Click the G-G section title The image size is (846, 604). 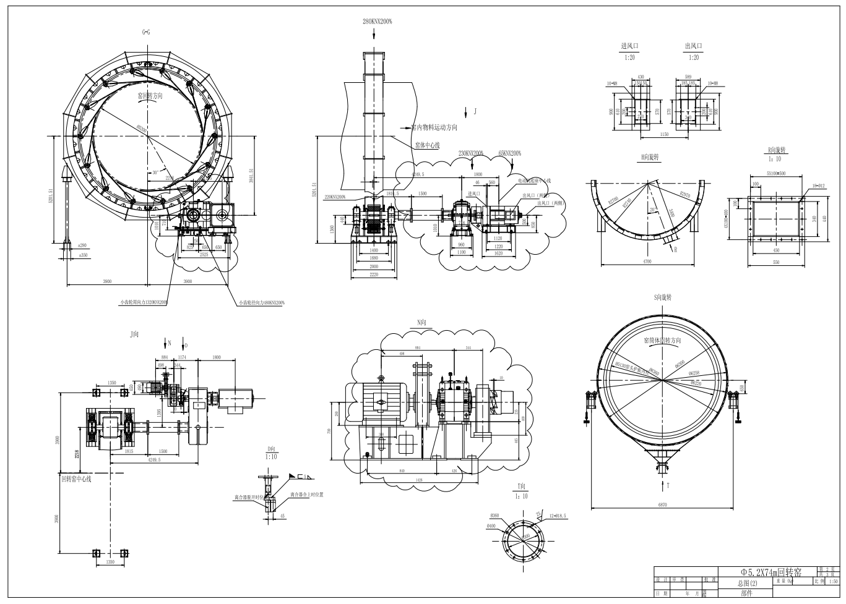coord(146,32)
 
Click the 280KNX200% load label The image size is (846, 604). coord(377,21)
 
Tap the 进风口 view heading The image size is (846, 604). coord(629,46)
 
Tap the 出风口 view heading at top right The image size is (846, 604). coord(694,46)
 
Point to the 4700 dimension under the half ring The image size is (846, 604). coord(647,262)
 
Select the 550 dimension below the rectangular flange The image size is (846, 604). coord(776,262)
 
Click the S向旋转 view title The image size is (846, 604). coord(662,298)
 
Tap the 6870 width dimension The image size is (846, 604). coord(663,505)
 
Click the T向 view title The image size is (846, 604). coord(522,487)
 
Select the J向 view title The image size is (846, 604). coord(134,334)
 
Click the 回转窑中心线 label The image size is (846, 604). coord(76,479)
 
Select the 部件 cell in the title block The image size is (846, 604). coord(746,593)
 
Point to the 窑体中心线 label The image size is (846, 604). coord(426,145)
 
